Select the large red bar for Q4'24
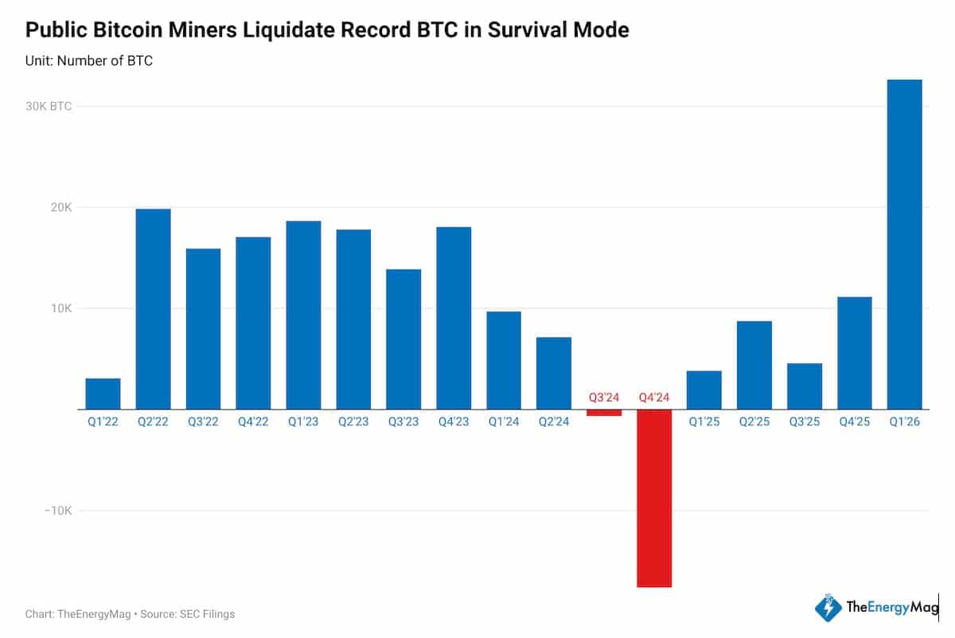click(654, 498)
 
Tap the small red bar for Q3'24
click(604, 413)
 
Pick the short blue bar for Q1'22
click(103, 393)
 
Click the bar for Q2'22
click(153, 309)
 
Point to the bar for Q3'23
click(403, 339)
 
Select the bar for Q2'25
click(754, 365)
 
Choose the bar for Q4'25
click(854, 353)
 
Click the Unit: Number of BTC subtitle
click(89, 61)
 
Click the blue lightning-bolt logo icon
click(828, 608)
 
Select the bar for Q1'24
click(504, 360)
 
